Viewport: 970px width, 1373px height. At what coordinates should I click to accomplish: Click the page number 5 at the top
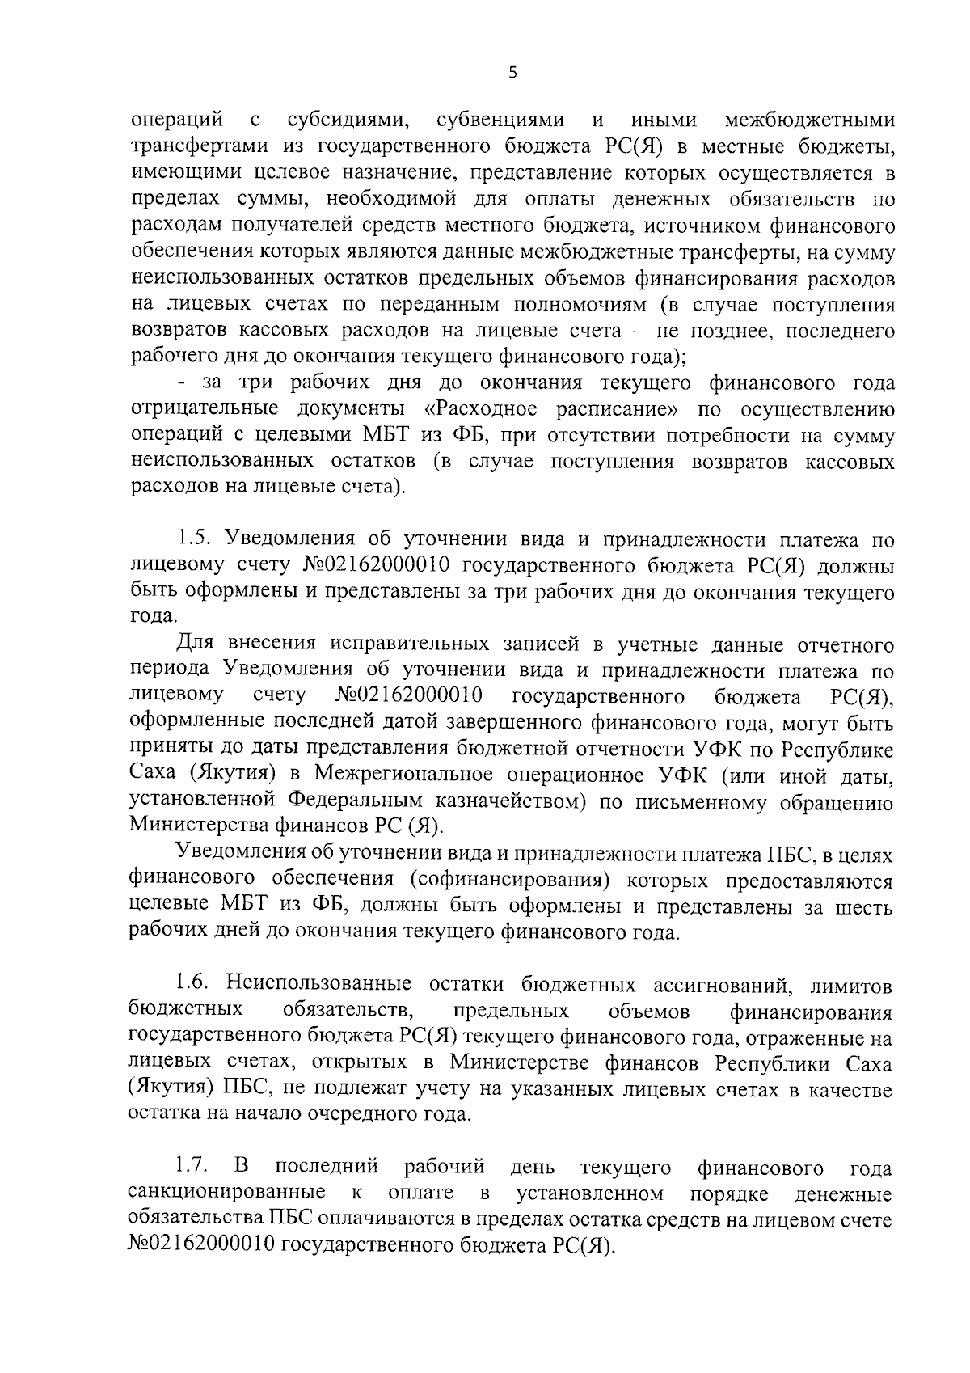(x=512, y=74)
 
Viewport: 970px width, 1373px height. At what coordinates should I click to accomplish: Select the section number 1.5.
(x=193, y=539)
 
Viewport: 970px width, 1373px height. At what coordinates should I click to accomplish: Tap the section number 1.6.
(x=193, y=985)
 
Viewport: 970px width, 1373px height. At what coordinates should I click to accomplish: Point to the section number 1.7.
(x=193, y=1168)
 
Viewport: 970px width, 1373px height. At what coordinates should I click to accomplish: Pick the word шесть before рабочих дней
(x=865, y=906)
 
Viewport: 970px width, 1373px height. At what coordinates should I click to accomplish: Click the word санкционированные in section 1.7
(x=227, y=1194)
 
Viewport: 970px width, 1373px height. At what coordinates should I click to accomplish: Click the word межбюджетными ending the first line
(x=810, y=120)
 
